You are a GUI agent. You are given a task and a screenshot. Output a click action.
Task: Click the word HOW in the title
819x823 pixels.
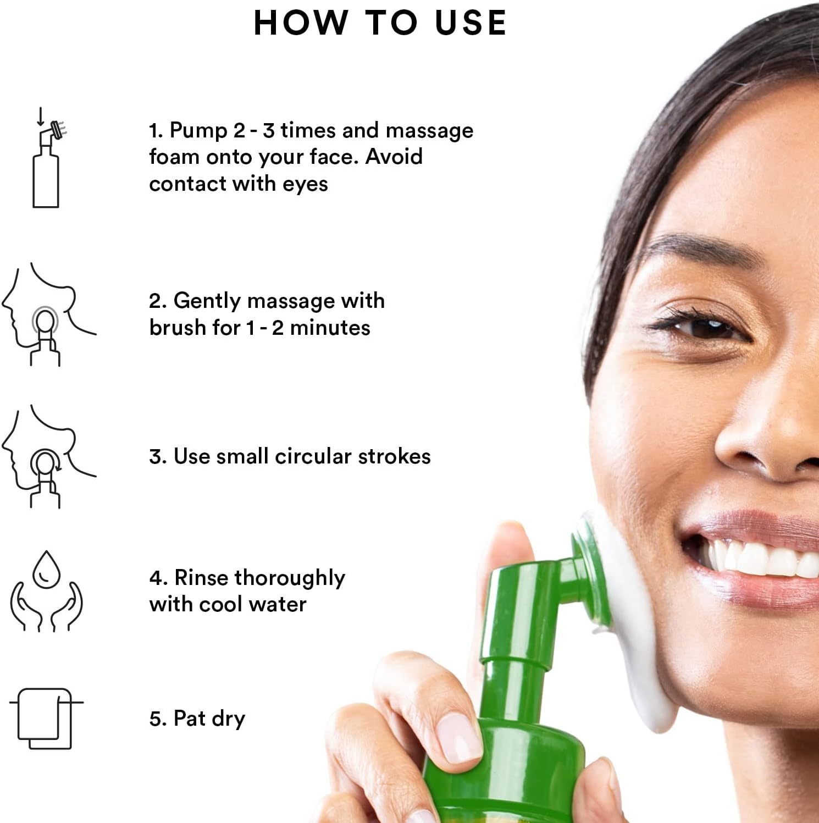301,23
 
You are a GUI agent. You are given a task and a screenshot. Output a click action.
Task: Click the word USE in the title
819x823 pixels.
471,23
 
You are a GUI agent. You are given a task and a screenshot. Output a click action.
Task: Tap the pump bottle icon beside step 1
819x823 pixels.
48,158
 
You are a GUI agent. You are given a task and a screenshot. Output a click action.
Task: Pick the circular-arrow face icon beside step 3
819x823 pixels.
48,456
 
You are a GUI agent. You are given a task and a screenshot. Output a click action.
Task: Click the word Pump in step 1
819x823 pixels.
198,131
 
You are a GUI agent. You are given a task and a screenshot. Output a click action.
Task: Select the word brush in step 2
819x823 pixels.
178,328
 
